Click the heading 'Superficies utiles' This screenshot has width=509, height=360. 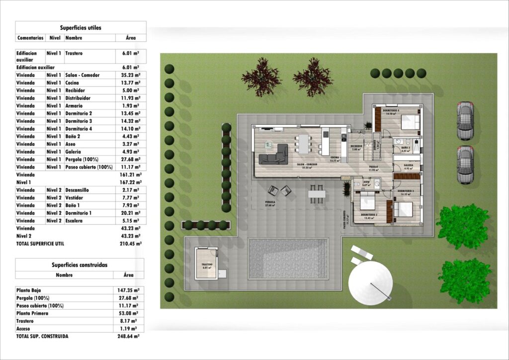(81, 28)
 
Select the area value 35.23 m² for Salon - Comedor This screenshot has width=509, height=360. (131, 75)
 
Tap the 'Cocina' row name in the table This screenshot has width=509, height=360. (73, 83)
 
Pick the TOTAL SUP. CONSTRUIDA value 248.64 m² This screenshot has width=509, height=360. (129, 336)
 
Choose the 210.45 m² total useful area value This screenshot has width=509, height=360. (131, 244)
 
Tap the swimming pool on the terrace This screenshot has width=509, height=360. (288, 259)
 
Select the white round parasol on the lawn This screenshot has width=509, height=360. (370, 283)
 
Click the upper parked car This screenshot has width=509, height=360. (465, 120)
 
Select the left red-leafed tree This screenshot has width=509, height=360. (261, 77)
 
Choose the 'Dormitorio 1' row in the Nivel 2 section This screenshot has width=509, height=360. (80, 213)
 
